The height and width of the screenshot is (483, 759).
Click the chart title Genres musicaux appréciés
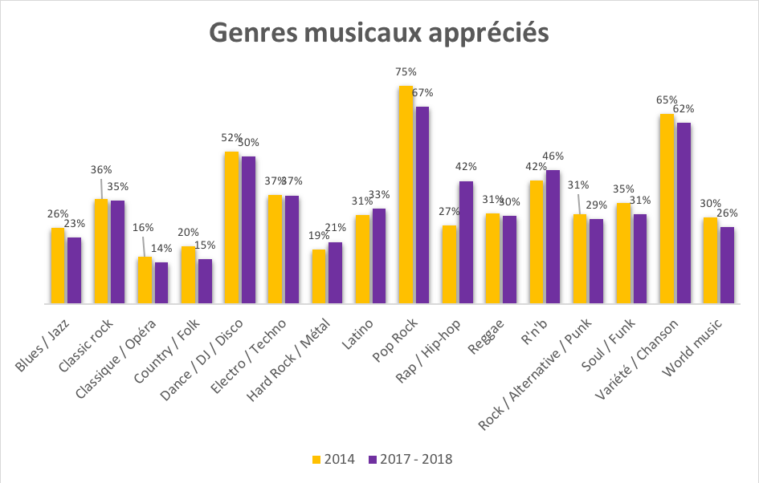[x=379, y=33]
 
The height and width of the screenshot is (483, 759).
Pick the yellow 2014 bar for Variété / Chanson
[x=667, y=209]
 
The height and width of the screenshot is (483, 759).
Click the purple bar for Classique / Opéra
[x=161, y=283]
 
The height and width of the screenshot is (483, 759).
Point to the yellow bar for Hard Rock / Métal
[x=319, y=277]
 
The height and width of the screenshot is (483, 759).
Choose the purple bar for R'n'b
[x=553, y=237]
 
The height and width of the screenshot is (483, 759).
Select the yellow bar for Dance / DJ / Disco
[x=231, y=228]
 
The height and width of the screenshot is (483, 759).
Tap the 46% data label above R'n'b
[x=553, y=156]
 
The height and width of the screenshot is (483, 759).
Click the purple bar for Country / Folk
[x=205, y=282]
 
